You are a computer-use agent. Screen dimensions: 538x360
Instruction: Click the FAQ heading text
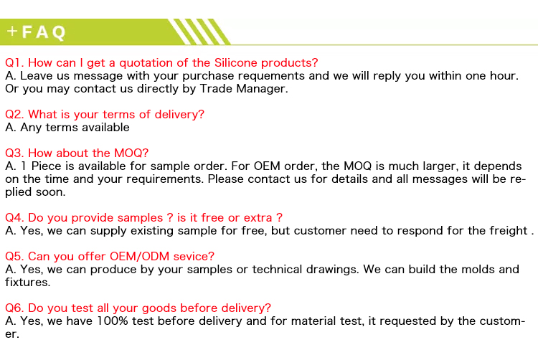pyautogui.click(x=44, y=32)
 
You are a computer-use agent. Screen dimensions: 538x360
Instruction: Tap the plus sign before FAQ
pyautogui.click(x=12, y=32)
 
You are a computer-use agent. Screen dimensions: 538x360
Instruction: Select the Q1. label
pyautogui.click(x=14, y=63)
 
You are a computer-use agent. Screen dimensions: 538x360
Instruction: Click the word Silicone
pyautogui.click(x=235, y=62)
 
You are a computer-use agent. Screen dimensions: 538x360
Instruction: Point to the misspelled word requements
pyautogui.click(x=271, y=76)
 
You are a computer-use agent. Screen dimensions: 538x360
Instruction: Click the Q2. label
pyautogui.click(x=14, y=115)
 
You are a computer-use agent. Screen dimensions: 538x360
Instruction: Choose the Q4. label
pyautogui.click(x=14, y=218)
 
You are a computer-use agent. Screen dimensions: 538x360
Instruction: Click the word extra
pyautogui.click(x=258, y=218)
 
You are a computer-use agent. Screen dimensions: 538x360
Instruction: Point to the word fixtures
pyautogui.click(x=27, y=283)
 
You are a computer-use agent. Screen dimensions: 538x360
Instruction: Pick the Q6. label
pyautogui.click(x=14, y=308)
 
